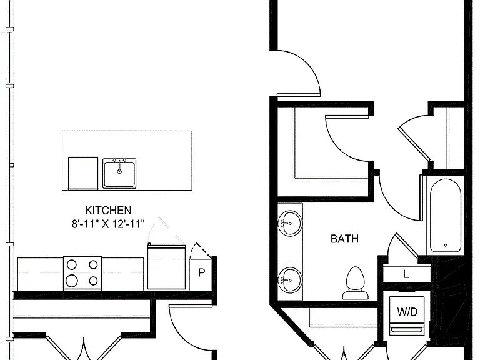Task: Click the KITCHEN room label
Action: [108, 211]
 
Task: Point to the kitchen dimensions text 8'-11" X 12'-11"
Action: [108, 224]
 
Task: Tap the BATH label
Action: [345, 239]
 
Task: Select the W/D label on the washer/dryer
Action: [407, 312]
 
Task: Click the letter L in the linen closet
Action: [406, 274]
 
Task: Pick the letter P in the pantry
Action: [201, 272]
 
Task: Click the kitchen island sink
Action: [119, 173]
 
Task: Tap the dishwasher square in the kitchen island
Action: [83, 174]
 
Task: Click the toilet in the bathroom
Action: [356, 283]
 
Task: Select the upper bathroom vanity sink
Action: [290, 223]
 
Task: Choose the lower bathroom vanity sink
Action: [290, 280]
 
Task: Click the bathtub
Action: [446, 216]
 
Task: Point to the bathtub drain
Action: [446, 245]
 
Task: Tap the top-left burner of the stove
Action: [72, 265]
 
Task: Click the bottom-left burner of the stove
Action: [72, 281]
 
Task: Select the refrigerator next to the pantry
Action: [166, 267]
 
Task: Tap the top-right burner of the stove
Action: [93, 265]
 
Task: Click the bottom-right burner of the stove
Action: [93, 281]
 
